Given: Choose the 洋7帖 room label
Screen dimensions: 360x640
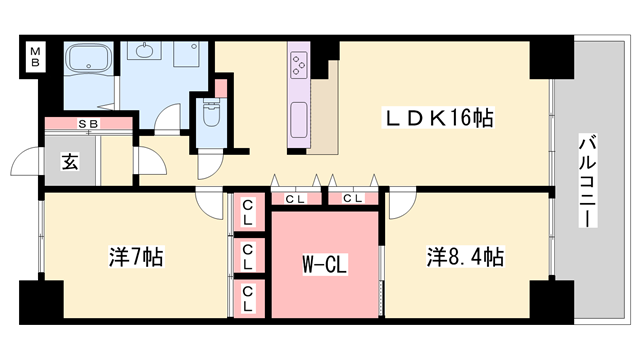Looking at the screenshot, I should [x=135, y=257].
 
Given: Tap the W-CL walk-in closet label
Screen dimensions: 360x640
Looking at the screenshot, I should [x=325, y=266].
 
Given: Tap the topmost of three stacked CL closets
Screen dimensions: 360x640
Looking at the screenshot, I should [x=247, y=212].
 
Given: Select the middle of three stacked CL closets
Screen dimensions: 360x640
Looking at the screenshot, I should [x=247, y=254].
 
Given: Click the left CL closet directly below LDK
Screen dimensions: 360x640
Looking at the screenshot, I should [x=296, y=198].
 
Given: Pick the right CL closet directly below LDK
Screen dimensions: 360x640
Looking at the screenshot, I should [x=352, y=198].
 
